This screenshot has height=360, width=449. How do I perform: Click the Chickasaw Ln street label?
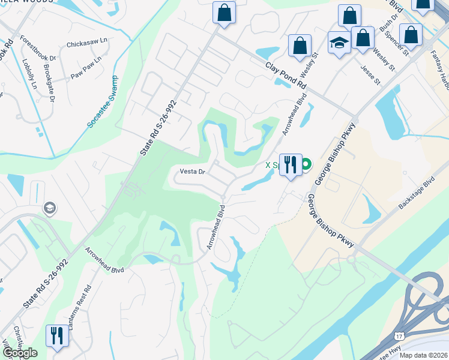point(86,43)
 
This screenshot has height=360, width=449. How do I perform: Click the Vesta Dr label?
point(193,172)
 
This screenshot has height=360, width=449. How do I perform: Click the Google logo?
point(19,353)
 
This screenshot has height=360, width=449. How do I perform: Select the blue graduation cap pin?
point(339,44)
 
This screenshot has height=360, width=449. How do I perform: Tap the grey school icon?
point(50,209)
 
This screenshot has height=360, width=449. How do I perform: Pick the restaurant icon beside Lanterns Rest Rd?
point(57,335)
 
